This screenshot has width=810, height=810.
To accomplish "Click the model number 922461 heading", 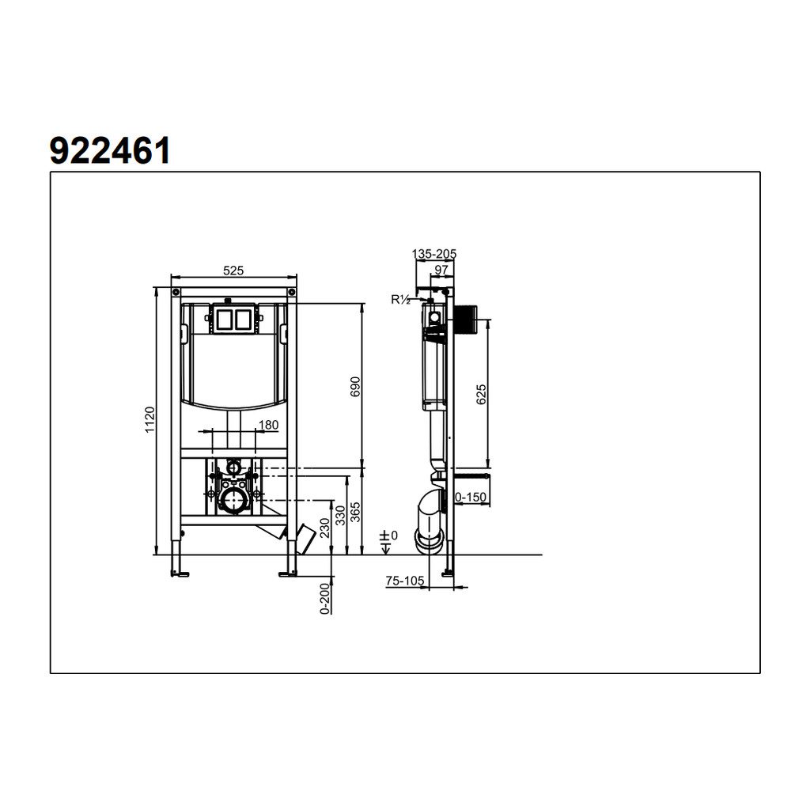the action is click(110, 151).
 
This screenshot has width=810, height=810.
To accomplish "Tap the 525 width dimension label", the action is click(233, 271).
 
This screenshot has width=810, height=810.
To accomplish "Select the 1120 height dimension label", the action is click(150, 419).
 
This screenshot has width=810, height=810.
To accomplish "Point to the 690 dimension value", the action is click(355, 387).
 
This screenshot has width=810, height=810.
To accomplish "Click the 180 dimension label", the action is click(268, 425).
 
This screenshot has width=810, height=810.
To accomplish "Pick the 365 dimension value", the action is click(355, 512).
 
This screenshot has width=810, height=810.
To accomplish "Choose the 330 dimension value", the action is click(340, 516).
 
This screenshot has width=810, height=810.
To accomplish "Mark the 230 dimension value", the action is click(324, 528).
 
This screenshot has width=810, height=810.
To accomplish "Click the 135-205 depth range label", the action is click(434, 254).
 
